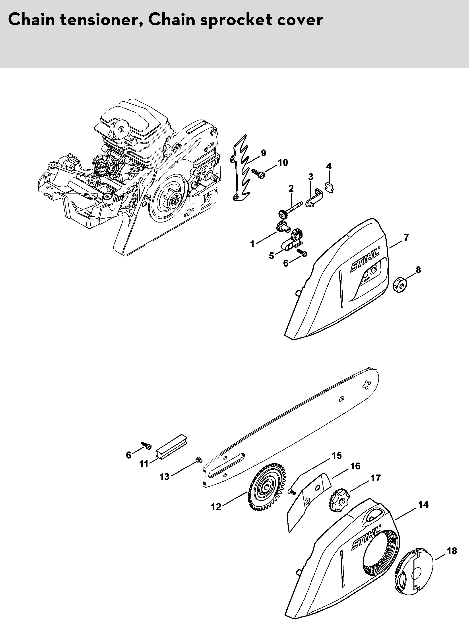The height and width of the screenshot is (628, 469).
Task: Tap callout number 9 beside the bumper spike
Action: (263, 153)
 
